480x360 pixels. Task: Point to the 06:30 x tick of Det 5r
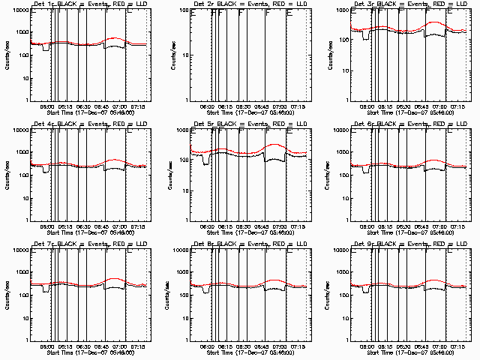click(x=208, y=226)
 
